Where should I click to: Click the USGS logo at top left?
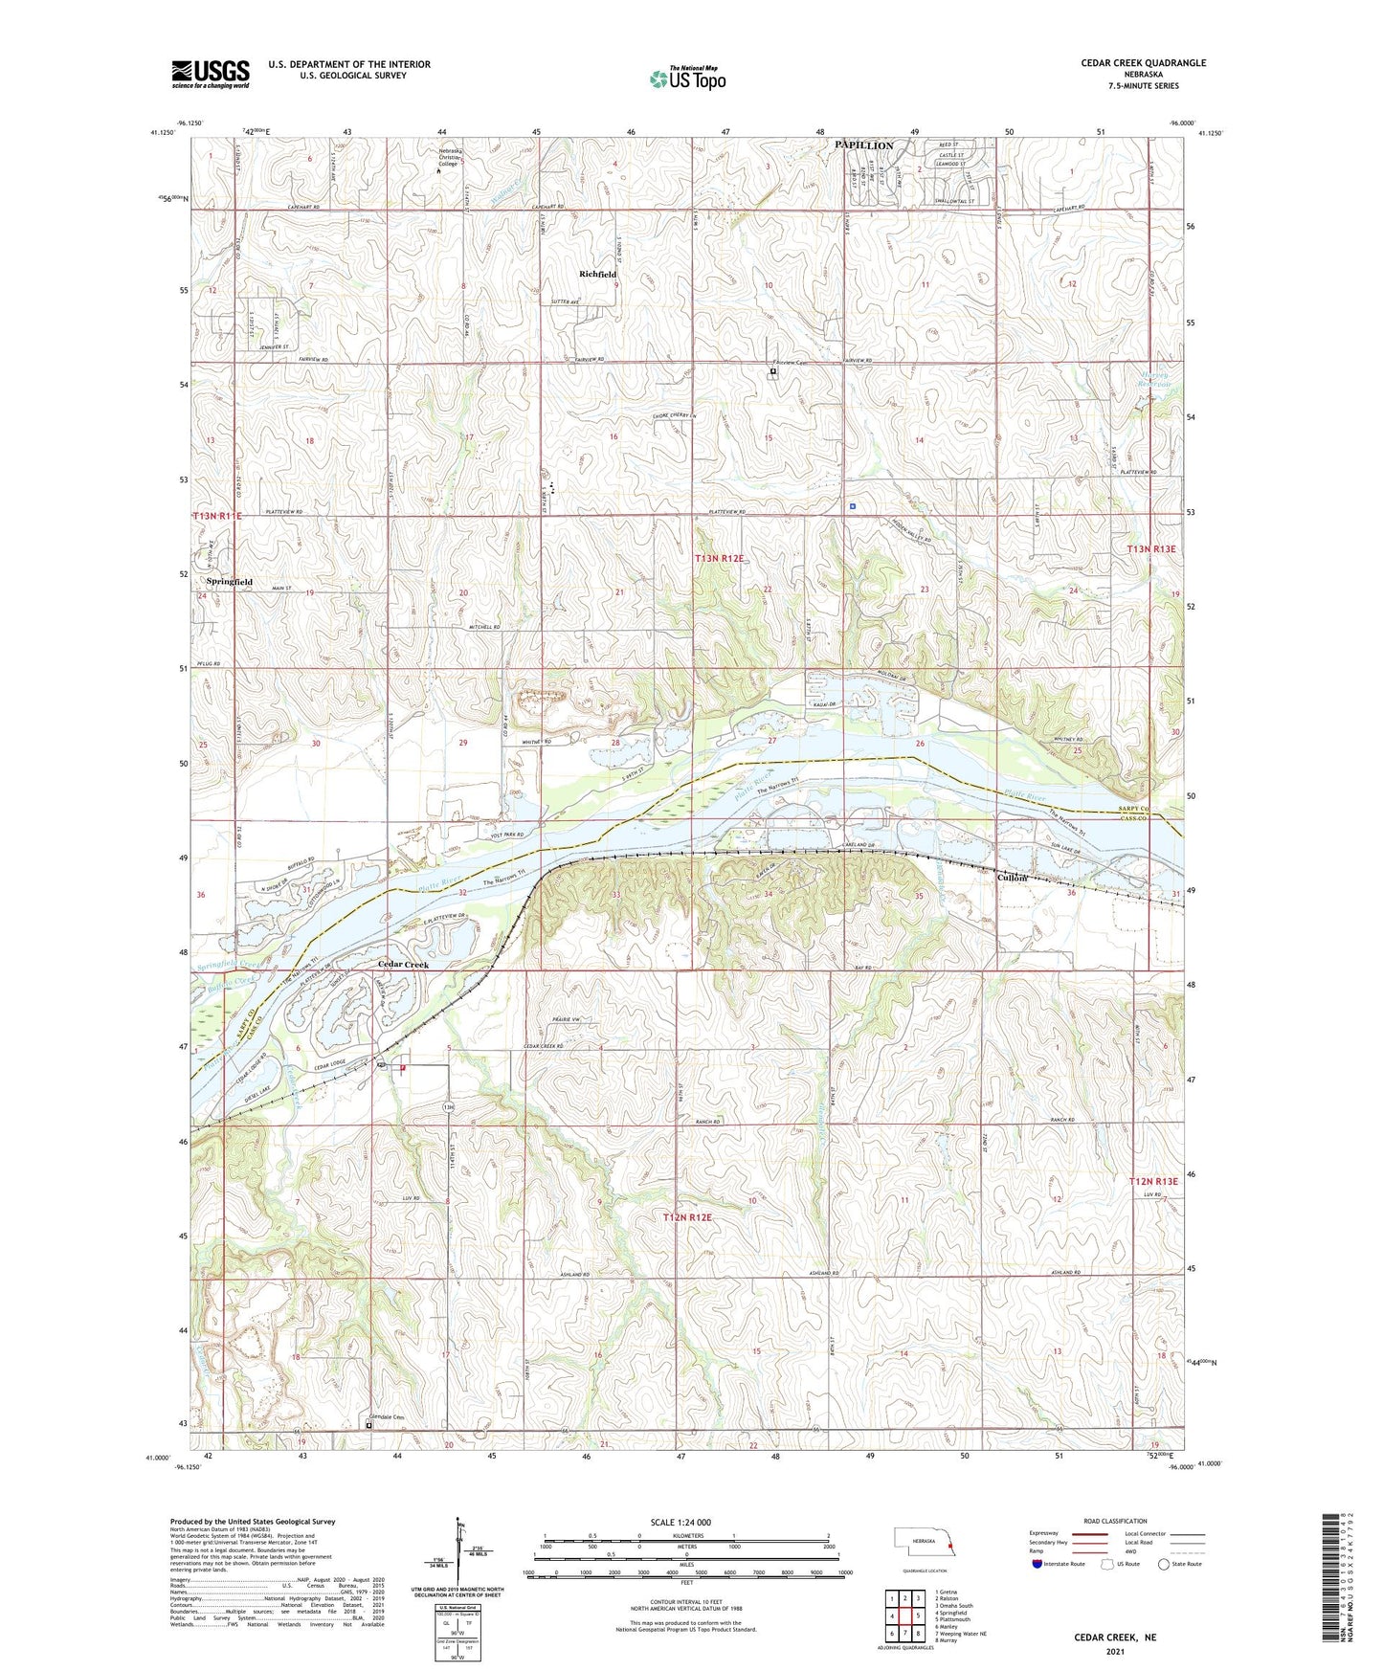[x=211, y=73]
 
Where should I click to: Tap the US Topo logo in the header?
[x=686, y=78]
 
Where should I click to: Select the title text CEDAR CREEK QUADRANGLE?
[x=1143, y=63]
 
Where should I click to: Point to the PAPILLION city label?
[x=863, y=145]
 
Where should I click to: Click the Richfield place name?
[x=597, y=274]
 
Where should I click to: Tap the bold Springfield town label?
[x=230, y=581]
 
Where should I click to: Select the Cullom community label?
[x=1012, y=878]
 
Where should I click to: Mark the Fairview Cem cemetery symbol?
[x=773, y=372]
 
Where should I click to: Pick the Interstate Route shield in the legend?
[x=1037, y=1564]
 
